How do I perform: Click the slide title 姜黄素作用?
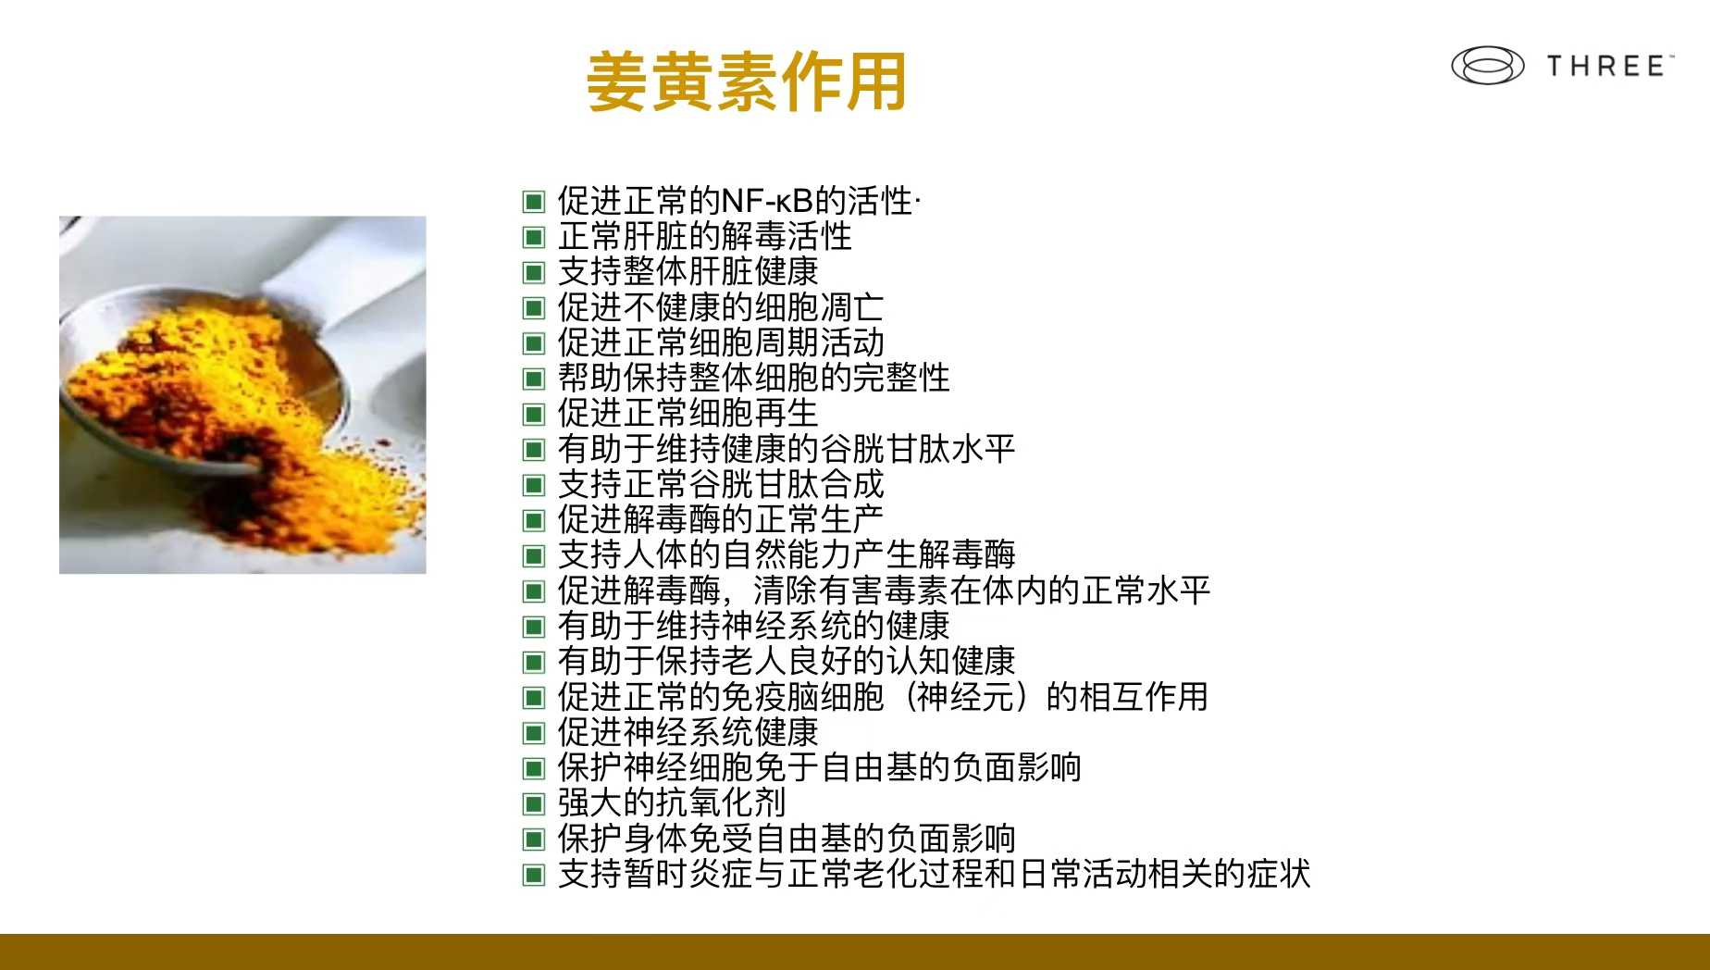(x=746, y=81)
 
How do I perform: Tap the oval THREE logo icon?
(x=1487, y=66)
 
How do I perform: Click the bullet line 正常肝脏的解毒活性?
(x=704, y=236)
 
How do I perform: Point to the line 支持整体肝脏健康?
(x=688, y=271)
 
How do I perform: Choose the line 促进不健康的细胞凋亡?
(x=721, y=307)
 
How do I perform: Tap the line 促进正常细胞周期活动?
(x=721, y=342)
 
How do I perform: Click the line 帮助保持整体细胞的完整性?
(x=753, y=378)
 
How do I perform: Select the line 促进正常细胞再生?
(x=688, y=413)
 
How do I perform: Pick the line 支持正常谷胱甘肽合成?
(x=721, y=484)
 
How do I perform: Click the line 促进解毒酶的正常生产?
(x=721, y=519)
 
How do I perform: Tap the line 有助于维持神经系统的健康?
(x=753, y=626)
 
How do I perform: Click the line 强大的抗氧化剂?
(x=672, y=802)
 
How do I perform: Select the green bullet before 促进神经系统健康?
(x=534, y=733)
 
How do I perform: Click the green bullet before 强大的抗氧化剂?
(x=534, y=803)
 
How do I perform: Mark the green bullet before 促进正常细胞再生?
(x=534, y=414)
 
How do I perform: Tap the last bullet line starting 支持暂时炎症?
(x=934, y=874)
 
